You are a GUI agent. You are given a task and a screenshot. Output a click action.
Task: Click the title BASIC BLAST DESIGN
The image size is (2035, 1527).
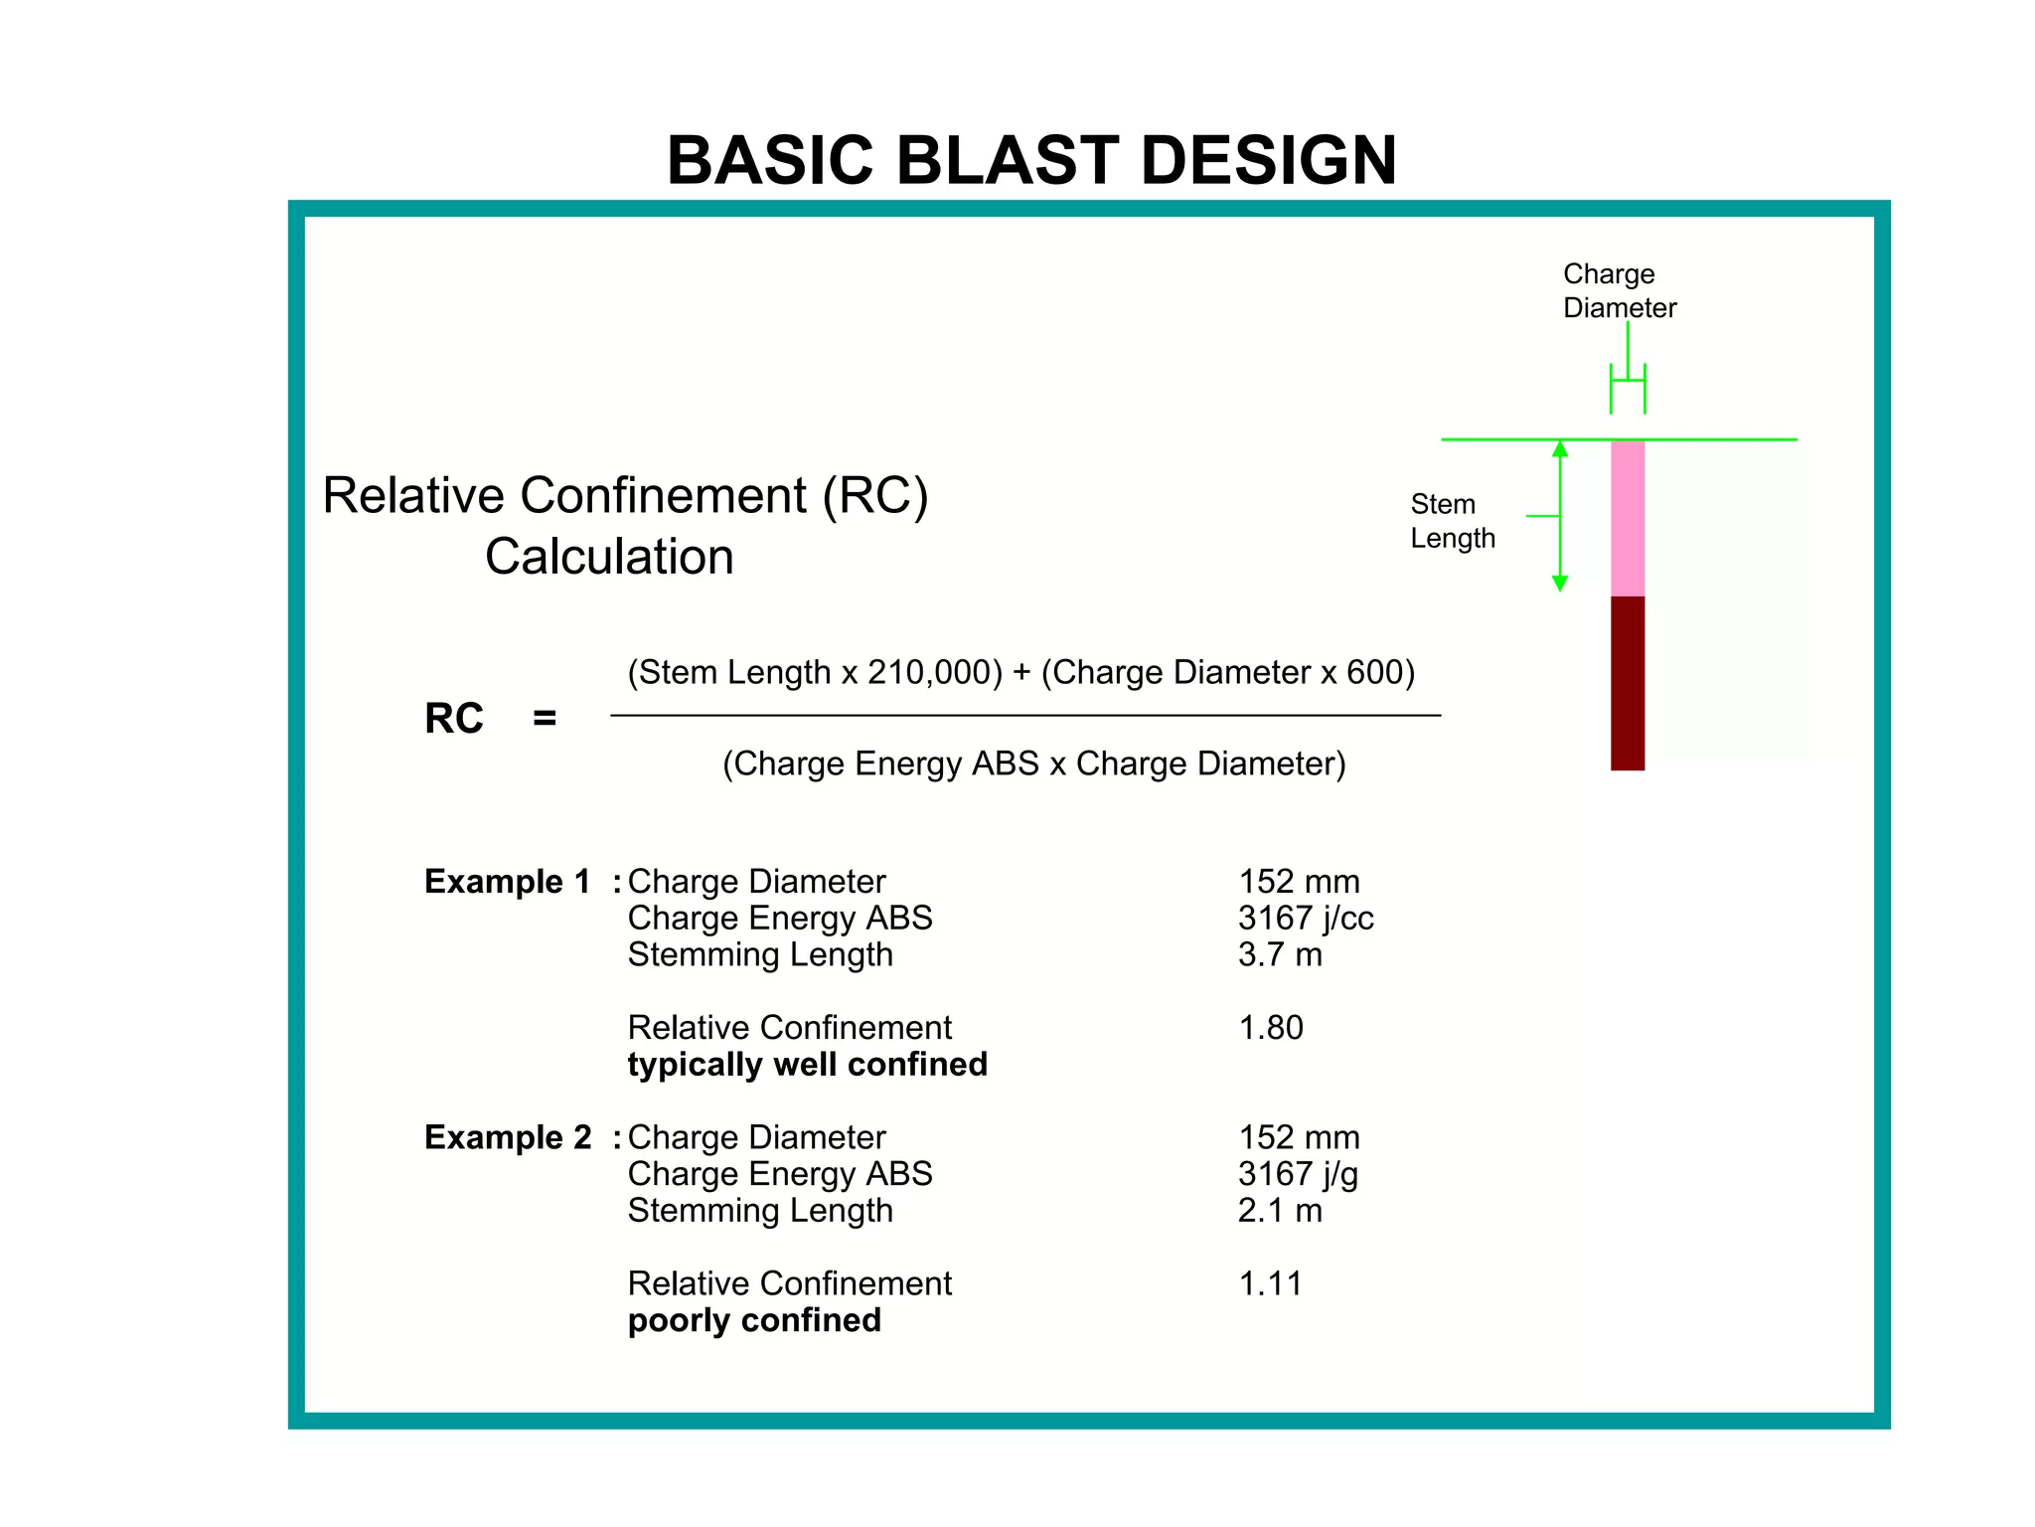(x=1031, y=161)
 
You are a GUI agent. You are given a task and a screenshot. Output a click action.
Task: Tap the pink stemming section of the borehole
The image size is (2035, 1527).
(x=1627, y=518)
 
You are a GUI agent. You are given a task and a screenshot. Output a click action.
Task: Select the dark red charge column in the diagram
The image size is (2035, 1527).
(x=1627, y=683)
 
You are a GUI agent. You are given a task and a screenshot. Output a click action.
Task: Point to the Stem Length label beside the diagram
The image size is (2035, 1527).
(x=1452, y=521)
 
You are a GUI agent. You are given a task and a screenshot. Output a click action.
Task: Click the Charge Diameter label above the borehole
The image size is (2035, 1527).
(x=1619, y=290)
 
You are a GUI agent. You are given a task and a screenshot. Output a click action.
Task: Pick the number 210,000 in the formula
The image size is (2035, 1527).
(x=934, y=673)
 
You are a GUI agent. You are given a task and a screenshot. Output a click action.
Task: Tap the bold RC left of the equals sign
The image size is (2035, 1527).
(x=454, y=719)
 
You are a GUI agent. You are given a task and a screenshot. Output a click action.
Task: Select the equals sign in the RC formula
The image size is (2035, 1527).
(x=545, y=719)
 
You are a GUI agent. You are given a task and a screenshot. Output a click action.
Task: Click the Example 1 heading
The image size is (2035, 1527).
(x=508, y=882)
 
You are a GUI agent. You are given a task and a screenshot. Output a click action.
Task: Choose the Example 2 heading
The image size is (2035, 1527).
(x=508, y=1137)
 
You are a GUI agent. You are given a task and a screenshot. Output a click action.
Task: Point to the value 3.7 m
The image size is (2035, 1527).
(x=1280, y=955)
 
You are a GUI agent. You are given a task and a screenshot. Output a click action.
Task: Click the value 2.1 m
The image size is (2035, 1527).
(x=1280, y=1211)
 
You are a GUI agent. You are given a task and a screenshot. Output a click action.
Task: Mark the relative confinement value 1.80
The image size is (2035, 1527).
(x=1270, y=1028)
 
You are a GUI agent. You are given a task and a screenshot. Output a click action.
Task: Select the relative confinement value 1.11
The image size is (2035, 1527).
(x=1269, y=1284)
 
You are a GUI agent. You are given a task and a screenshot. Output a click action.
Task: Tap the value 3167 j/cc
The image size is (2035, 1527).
(x=1306, y=919)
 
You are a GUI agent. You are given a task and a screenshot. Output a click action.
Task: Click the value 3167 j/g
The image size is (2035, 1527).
(x=1298, y=1175)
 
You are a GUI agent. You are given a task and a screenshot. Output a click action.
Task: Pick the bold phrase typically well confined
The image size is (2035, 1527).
(x=807, y=1065)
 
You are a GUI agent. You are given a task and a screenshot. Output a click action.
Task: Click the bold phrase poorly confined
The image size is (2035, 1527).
(x=754, y=1321)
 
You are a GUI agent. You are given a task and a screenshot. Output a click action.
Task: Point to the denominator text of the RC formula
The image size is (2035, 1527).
(x=1033, y=764)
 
